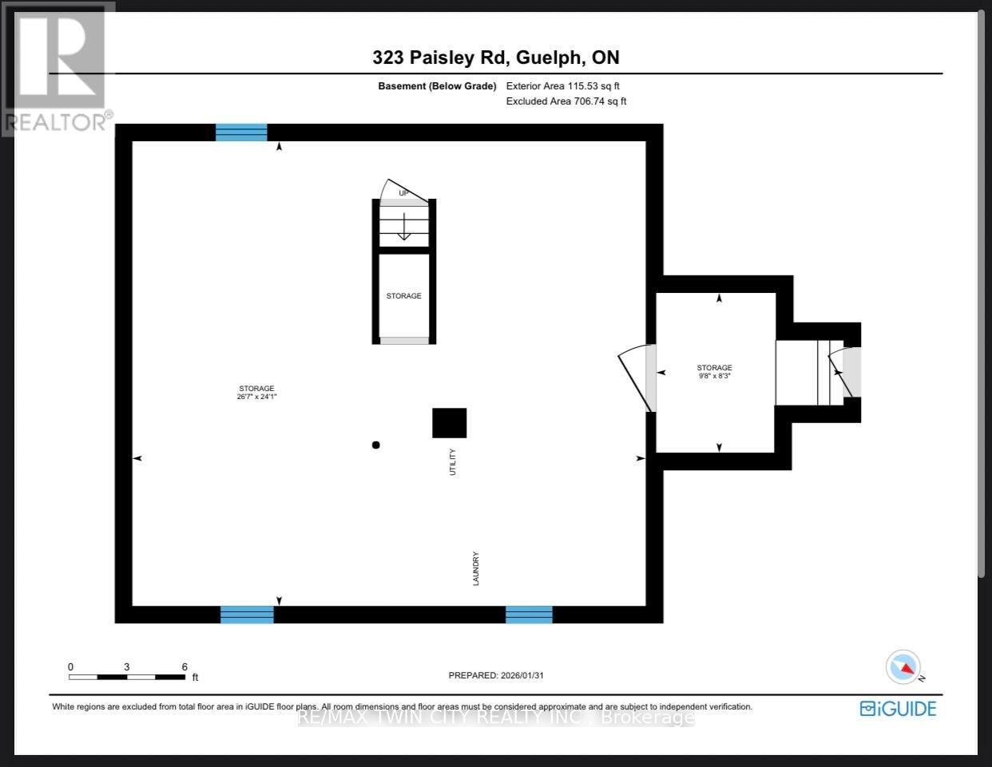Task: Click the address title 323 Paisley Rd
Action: [x=495, y=57]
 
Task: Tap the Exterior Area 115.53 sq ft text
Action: [x=563, y=85]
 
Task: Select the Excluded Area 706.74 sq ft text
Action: [x=566, y=101]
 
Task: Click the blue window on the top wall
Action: [x=241, y=132]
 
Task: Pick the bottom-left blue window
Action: [x=247, y=615]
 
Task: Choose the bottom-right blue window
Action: [x=529, y=615]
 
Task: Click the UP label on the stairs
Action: [x=403, y=193]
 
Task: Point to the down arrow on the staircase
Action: [x=404, y=227]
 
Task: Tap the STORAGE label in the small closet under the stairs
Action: [x=403, y=296]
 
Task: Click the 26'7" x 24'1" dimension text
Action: [x=256, y=397]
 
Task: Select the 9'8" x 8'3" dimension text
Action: [x=714, y=375]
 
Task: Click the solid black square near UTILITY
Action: [x=449, y=423]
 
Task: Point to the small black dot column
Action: [x=375, y=445]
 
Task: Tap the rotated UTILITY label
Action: [x=453, y=462]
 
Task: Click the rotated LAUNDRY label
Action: [x=476, y=568]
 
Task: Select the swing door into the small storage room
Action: [x=637, y=377]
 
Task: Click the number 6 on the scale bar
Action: [x=185, y=667]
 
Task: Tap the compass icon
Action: [x=903, y=667]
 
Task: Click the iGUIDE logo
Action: [x=898, y=709]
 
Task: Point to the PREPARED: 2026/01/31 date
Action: [x=496, y=675]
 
